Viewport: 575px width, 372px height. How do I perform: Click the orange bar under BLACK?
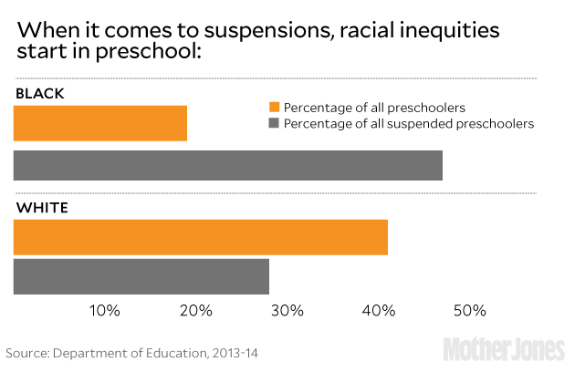100,123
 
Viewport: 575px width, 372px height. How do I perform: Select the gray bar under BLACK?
228,165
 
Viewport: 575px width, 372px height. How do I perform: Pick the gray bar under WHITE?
141,276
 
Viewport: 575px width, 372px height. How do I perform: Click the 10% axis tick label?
105,311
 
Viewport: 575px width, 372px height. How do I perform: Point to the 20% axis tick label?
196,311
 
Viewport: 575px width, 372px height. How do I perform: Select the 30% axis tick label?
287,311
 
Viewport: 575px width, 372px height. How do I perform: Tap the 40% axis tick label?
379,311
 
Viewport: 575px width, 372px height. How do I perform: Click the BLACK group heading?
40,94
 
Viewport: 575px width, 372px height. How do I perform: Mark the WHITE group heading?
42,207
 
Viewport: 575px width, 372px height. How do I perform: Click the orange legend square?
273,107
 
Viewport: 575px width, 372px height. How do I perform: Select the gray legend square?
273,123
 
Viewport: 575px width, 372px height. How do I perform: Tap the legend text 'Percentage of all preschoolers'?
375,107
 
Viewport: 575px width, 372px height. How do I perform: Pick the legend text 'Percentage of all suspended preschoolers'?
409,123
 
